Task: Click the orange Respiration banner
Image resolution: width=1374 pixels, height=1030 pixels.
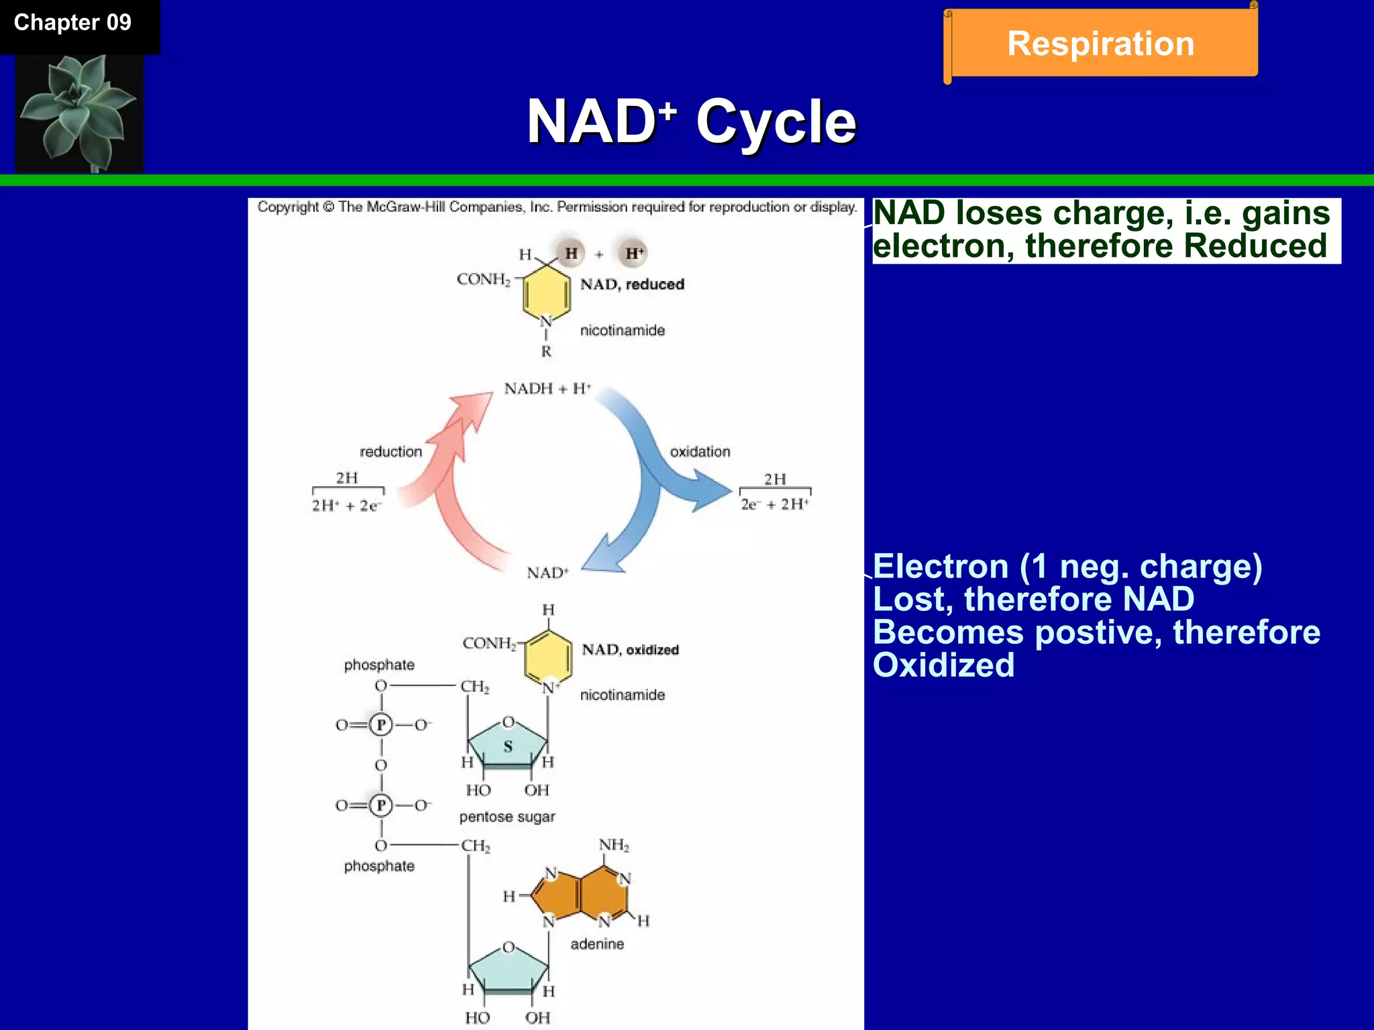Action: click(x=1100, y=44)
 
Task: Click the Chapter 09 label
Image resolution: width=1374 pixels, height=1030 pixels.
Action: click(x=72, y=23)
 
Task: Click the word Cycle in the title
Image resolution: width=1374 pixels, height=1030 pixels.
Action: click(x=776, y=122)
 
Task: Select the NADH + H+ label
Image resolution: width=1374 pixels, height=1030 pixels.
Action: click(x=547, y=389)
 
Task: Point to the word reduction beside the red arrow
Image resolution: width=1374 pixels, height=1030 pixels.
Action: click(x=390, y=452)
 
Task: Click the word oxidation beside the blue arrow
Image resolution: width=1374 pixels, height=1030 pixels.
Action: click(x=700, y=452)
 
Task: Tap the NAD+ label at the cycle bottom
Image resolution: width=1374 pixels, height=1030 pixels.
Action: click(x=547, y=573)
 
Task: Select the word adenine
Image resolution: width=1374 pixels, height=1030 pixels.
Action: click(x=597, y=944)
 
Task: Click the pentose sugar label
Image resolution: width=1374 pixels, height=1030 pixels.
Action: click(x=507, y=817)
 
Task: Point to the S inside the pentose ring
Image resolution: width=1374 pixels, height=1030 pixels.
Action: click(x=508, y=746)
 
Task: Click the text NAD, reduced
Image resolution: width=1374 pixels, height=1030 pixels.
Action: click(x=632, y=284)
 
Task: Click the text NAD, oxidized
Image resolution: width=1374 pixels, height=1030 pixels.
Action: click(x=630, y=650)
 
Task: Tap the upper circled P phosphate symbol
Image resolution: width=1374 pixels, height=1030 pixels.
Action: click(x=381, y=725)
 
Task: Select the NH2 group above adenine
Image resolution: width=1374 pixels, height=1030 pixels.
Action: click(x=614, y=845)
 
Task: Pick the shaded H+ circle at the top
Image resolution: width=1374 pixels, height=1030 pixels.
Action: click(x=633, y=253)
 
